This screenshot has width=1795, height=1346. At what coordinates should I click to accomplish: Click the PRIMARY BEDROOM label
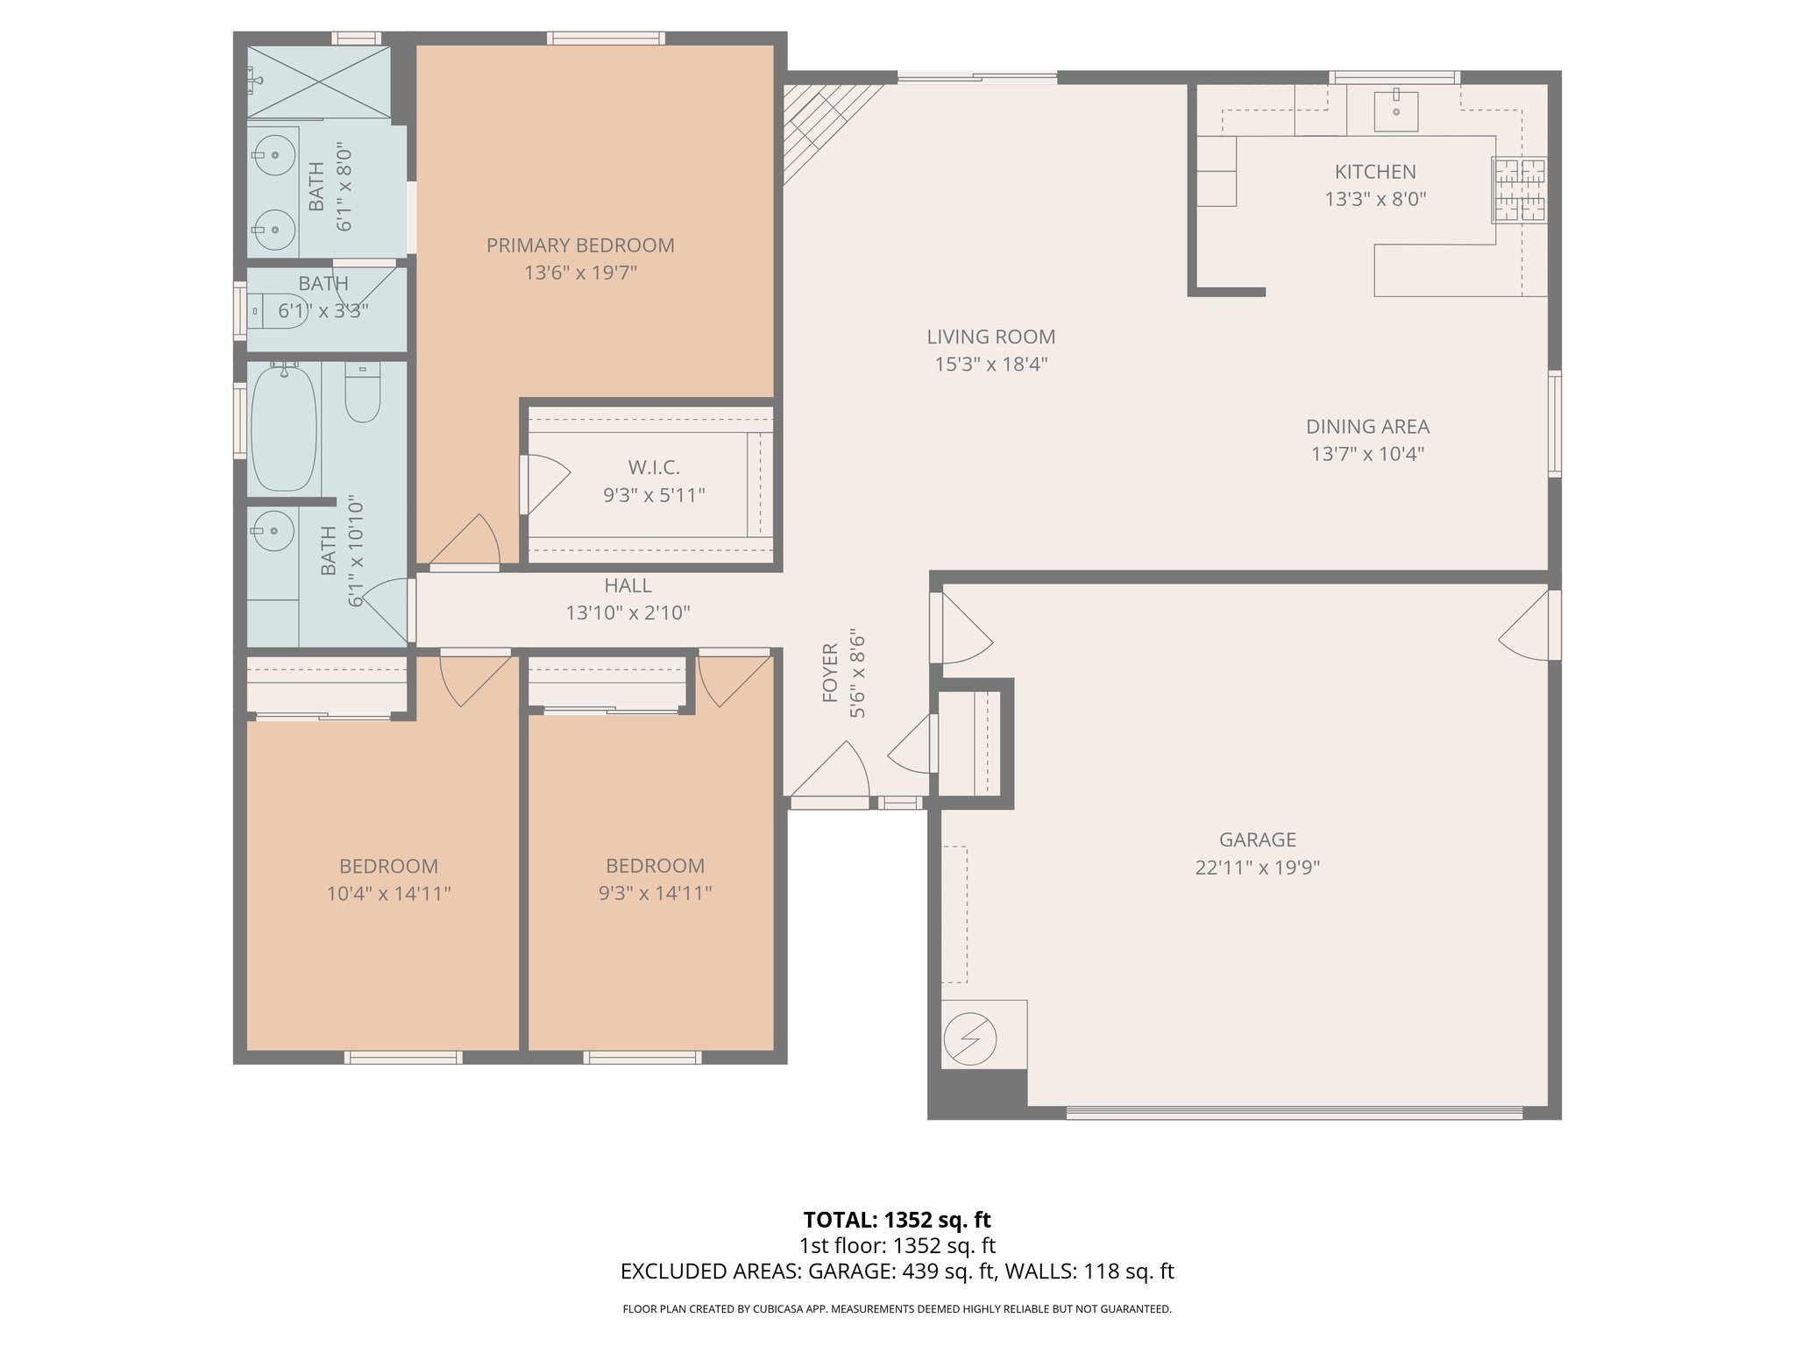tap(580, 245)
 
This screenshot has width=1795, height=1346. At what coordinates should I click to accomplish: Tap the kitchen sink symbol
tap(1395, 110)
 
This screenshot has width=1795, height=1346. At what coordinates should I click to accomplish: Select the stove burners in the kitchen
tap(1521, 189)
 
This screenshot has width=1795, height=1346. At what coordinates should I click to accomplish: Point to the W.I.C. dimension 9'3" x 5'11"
tap(654, 495)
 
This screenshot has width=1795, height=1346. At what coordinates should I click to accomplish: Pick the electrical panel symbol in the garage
tap(969, 1040)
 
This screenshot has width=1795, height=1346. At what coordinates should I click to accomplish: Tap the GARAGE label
tap(1257, 839)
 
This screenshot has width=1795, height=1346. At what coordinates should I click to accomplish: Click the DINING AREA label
tap(1367, 427)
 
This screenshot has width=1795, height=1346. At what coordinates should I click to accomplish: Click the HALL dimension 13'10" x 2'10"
tap(628, 613)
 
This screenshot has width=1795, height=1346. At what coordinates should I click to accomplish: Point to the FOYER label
tap(830, 673)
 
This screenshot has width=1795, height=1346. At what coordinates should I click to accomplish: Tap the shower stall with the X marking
tap(318, 81)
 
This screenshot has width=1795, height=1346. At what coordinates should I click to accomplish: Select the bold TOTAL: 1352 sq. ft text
tap(897, 1220)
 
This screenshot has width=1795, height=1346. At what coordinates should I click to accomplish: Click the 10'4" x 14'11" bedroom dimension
tap(388, 894)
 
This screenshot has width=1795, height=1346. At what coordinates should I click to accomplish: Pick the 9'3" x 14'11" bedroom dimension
tap(655, 893)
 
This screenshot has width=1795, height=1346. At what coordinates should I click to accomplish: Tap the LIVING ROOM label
tap(990, 336)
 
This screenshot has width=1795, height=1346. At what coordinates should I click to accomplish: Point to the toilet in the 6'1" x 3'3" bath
tap(279, 309)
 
